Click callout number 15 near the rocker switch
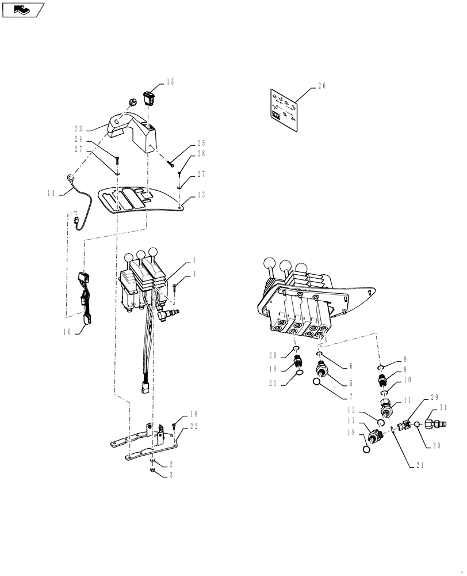tap(170, 82)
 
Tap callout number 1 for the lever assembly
tap(195, 260)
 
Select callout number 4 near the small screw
tap(195, 274)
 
